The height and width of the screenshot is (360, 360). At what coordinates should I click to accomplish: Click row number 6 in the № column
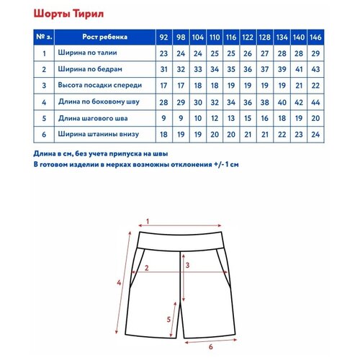pyautogui.click(x=45, y=135)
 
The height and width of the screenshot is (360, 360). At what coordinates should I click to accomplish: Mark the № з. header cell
pyautogui.click(x=45, y=37)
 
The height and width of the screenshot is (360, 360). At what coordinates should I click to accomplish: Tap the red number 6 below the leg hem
pyautogui.click(x=210, y=347)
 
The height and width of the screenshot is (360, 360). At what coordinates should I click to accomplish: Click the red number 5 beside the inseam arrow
pyautogui.click(x=168, y=319)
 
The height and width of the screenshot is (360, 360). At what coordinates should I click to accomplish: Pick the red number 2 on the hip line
pyautogui.click(x=146, y=268)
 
